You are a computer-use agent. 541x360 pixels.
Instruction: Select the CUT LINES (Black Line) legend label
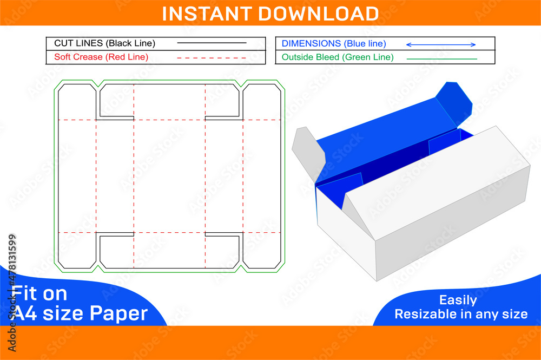point(104,43)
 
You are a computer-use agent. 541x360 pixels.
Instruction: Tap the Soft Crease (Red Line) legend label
point(101,57)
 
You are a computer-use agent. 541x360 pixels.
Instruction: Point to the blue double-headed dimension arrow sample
point(440,44)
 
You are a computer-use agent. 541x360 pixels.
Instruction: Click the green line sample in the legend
point(441,58)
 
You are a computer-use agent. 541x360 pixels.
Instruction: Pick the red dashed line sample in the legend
point(212,57)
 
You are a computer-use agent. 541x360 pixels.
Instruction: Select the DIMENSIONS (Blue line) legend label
point(334,44)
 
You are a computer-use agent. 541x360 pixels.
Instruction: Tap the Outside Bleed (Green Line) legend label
point(338,57)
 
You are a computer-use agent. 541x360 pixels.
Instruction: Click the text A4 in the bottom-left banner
point(26,313)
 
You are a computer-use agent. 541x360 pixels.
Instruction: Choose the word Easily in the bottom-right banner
point(458,300)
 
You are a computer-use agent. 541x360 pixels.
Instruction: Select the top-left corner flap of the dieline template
point(76,101)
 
